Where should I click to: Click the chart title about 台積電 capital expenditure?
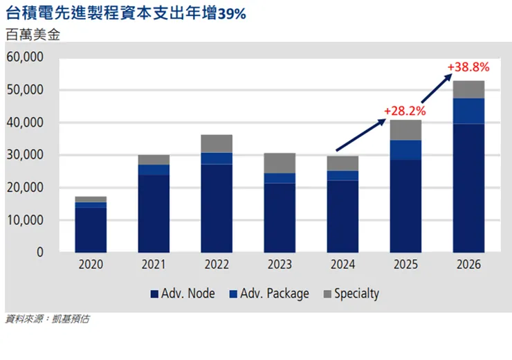(125, 13)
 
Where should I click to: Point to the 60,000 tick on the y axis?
(25, 57)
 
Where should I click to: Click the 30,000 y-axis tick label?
(25, 155)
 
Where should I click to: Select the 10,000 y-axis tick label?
(25, 220)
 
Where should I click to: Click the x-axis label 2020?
(91, 265)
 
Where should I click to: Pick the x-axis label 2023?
(279, 265)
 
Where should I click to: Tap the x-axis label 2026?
(468, 265)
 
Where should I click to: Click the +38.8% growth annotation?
(468, 67)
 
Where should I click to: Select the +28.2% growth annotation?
(405, 110)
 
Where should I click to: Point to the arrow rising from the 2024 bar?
(360, 135)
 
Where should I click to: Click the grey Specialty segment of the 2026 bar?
(468, 89)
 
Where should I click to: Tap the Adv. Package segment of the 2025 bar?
(405, 150)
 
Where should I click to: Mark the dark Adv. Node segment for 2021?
(154, 213)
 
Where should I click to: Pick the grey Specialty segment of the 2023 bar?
(279, 163)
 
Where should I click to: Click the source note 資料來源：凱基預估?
(47, 319)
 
